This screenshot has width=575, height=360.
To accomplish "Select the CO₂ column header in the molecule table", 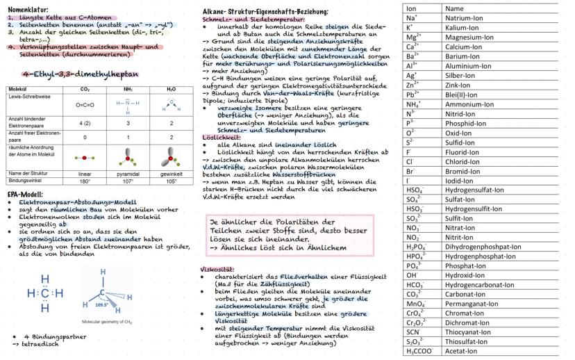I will click(85, 90).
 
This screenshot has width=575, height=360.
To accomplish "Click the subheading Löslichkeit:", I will click(218, 137).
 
